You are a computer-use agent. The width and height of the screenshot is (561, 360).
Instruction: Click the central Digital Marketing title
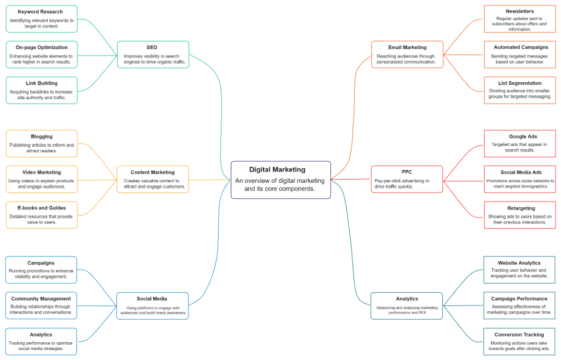pyautogui.click(x=277, y=170)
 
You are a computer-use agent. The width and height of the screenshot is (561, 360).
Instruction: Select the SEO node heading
pyautogui.click(x=152, y=47)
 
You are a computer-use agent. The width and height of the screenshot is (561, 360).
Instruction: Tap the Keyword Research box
pyautogui.click(x=42, y=19)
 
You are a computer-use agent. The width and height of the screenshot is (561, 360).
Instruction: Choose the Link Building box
pyautogui.click(x=42, y=90)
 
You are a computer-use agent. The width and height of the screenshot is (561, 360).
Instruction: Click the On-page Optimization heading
pyautogui.click(x=42, y=47)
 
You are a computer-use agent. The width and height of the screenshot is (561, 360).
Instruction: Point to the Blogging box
pyautogui.click(x=42, y=144)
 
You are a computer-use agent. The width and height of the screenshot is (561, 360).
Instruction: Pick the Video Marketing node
pyautogui.click(x=42, y=179)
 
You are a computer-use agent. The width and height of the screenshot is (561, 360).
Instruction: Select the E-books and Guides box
pyautogui.click(x=42, y=215)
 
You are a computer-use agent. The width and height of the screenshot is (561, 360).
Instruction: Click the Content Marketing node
pyautogui.click(x=153, y=180)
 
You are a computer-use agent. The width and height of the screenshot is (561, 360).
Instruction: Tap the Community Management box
pyautogui.click(x=41, y=306)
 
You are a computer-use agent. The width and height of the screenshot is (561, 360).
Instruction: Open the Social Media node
pyautogui.click(x=152, y=306)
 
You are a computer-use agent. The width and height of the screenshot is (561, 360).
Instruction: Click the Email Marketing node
pyautogui.click(x=407, y=54)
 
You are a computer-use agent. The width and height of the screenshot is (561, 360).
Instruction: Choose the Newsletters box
pyautogui.click(x=519, y=19)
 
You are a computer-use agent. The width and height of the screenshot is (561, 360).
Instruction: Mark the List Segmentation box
pyautogui.click(x=519, y=90)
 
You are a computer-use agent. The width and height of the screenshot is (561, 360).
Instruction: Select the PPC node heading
pyautogui.click(x=407, y=172)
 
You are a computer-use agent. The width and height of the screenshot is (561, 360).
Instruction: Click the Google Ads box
pyautogui.click(x=519, y=144)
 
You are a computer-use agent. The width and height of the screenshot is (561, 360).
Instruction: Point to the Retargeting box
pyautogui.click(x=519, y=215)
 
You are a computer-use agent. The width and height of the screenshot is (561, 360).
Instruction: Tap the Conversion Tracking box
pyautogui.click(x=519, y=341)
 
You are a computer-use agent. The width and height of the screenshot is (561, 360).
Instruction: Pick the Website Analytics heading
pyautogui.click(x=519, y=263)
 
